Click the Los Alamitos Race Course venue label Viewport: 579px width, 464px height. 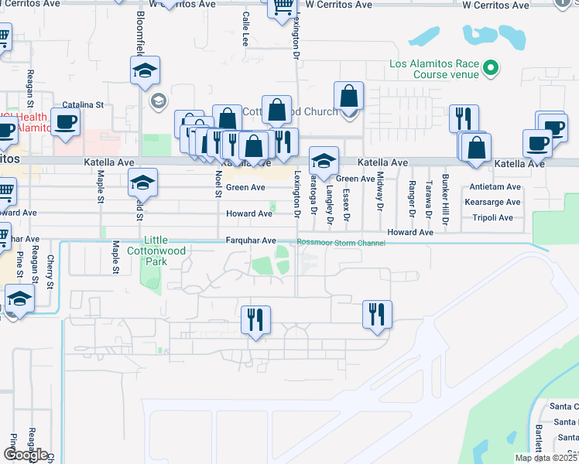click(x=430, y=70)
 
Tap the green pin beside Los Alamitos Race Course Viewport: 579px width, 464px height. click(x=489, y=70)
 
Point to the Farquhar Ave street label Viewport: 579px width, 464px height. click(x=251, y=241)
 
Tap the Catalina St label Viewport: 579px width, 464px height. click(x=83, y=104)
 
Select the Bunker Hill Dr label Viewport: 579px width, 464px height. click(x=445, y=200)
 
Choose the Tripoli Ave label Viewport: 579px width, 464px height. click(x=492, y=218)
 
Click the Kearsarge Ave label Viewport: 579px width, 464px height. click(x=496, y=203)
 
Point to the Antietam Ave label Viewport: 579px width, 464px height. click(x=495, y=187)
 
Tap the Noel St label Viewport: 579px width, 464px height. click(x=218, y=184)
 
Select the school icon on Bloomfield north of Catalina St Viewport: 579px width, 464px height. click(x=145, y=71)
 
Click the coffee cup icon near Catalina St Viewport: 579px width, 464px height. click(x=66, y=121)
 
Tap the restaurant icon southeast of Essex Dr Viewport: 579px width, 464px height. click(x=377, y=314)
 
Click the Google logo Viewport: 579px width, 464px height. click(x=26, y=455)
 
